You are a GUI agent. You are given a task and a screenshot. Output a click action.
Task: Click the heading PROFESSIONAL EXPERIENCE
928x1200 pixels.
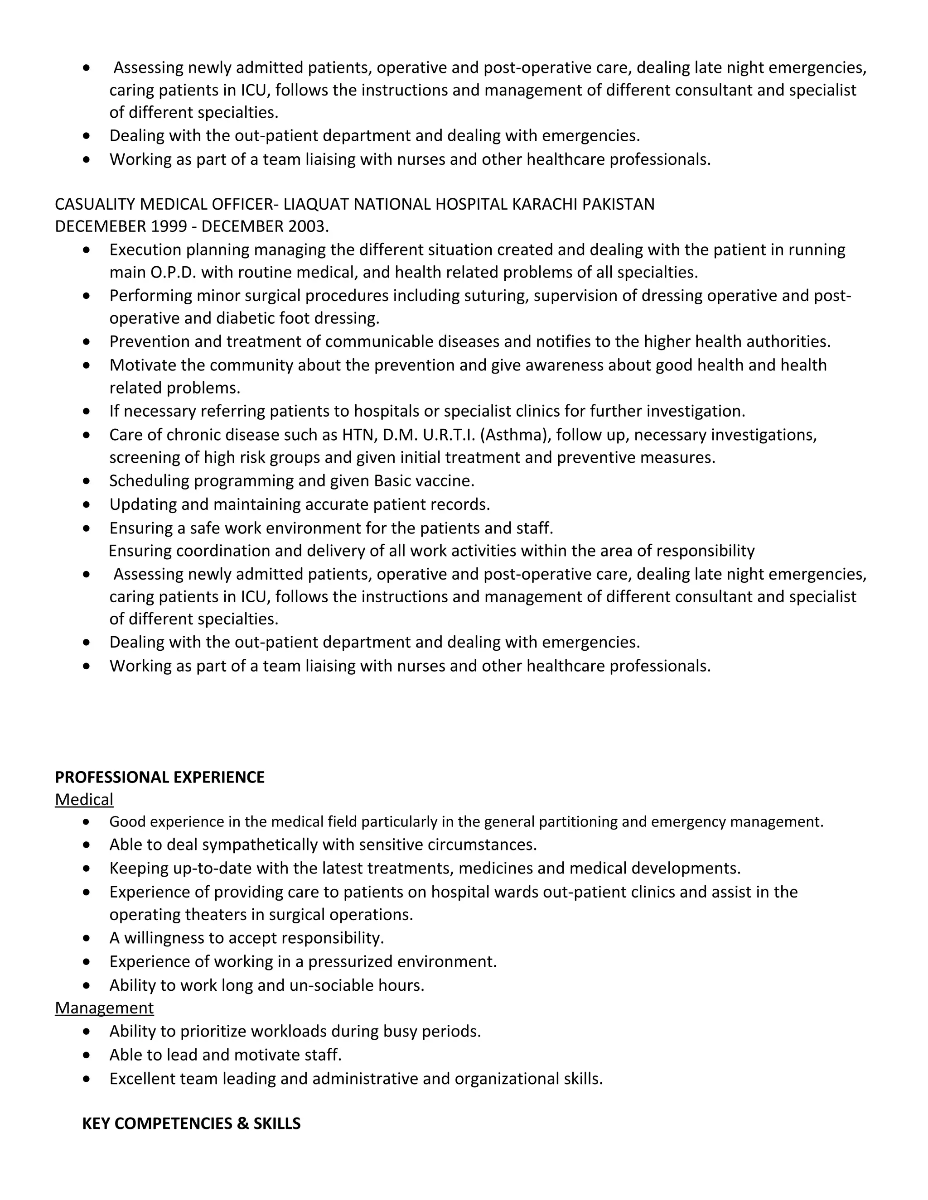pyautogui.click(x=159, y=777)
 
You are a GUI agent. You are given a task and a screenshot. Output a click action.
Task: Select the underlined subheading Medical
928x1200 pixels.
pyautogui.click(x=84, y=799)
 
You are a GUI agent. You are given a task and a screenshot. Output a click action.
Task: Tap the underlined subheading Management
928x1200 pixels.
pyautogui.click(x=105, y=1008)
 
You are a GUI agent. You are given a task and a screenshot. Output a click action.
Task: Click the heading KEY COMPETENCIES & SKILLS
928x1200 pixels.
pyautogui.click(x=191, y=1123)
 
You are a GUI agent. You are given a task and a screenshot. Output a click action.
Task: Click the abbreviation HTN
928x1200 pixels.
pyautogui.click(x=359, y=435)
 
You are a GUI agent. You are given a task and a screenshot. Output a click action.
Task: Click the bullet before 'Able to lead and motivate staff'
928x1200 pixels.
pyautogui.click(x=86, y=1055)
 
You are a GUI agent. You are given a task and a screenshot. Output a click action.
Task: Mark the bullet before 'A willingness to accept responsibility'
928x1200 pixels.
pyautogui.click(x=86, y=938)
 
